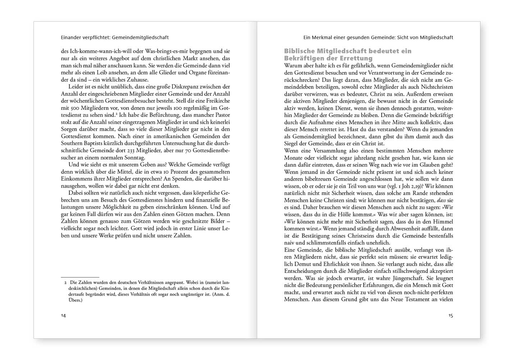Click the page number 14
63,316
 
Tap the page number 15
451,316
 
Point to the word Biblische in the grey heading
300,51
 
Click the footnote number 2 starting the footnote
65,283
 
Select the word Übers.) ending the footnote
72,300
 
